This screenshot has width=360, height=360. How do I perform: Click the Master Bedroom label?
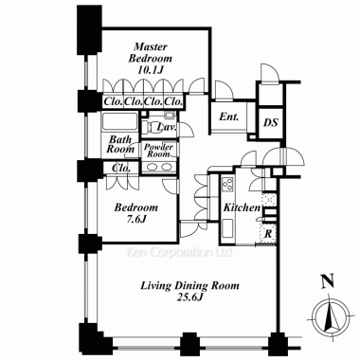point(150,53)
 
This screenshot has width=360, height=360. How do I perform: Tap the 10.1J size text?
point(150,70)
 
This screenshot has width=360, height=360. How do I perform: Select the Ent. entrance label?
point(229,117)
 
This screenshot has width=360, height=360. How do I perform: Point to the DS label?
point(271,122)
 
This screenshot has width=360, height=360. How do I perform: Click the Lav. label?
point(167,127)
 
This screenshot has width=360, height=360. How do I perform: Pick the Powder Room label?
point(159,151)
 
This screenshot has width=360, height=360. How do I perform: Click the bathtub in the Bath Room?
point(119,121)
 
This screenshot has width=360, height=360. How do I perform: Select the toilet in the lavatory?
point(149,128)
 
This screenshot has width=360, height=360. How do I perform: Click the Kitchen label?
point(242,207)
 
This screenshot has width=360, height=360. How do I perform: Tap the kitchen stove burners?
point(227,185)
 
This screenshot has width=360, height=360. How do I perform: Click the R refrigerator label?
point(268,234)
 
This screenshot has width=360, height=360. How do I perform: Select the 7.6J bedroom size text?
point(136,219)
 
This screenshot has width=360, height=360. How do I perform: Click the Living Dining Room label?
point(189,286)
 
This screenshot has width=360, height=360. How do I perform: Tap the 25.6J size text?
point(189,297)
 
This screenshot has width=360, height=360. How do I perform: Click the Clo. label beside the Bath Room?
point(121,168)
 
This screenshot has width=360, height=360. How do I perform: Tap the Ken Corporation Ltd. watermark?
point(180,252)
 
